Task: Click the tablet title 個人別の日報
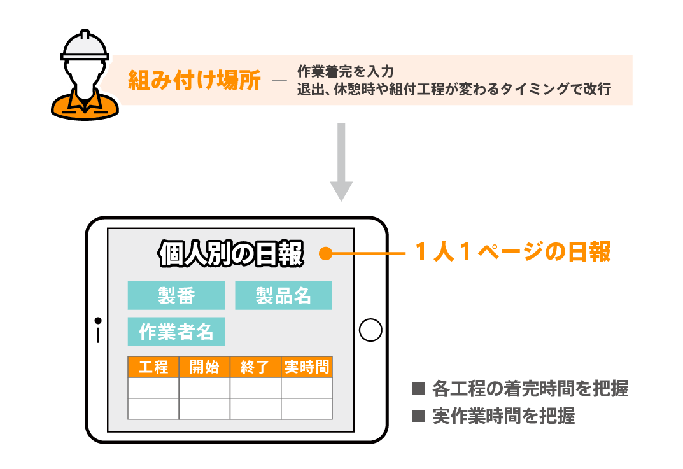pyautogui.click(x=231, y=253)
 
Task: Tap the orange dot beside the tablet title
pyautogui.click(x=325, y=254)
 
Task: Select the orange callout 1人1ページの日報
pyautogui.click(x=512, y=253)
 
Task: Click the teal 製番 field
pyautogui.click(x=176, y=295)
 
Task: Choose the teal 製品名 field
pyautogui.click(x=283, y=295)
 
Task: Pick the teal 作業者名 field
pyautogui.click(x=176, y=332)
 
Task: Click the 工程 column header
pyautogui.click(x=153, y=367)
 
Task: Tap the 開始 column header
pyautogui.click(x=204, y=367)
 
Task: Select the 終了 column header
pyautogui.click(x=255, y=367)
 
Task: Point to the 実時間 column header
pyautogui.click(x=307, y=367)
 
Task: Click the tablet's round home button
pyautogui.click(x=370, y=330)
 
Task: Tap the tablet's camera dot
pyautogui.click(x=98, y=320)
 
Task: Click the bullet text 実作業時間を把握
pyautogui.click(x=503, y=416)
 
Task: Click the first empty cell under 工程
pyautogui.click(x=153, y=388)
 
